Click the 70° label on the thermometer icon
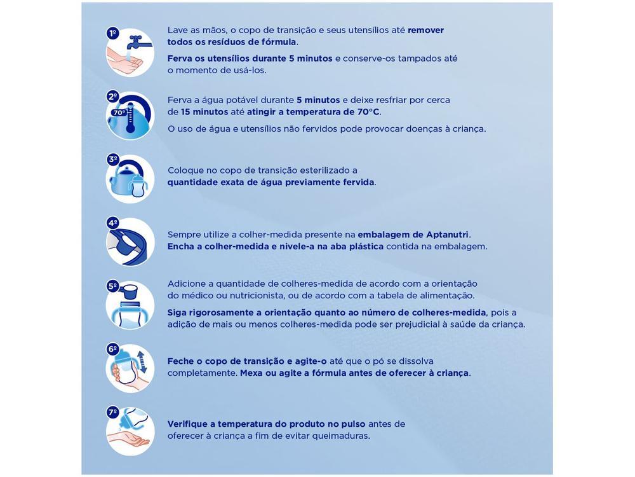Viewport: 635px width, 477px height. pos(119,113)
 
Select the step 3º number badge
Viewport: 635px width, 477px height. pos(113,160)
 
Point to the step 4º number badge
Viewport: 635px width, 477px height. pos(113,223)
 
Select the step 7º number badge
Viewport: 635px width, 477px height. pos(113,412)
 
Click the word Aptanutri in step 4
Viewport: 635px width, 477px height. pos(447,234)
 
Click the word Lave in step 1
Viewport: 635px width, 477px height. pos(178,30)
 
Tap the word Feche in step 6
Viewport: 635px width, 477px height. pos(181,361)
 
